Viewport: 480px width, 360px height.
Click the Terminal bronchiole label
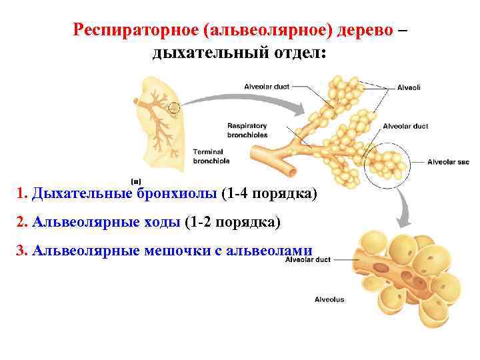[211, 156]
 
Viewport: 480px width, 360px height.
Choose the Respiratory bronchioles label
[247, 129]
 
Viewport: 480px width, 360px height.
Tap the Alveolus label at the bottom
[329, 299]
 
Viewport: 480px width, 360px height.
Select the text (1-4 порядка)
[269, 194]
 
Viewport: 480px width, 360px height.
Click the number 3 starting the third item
[20, 250]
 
